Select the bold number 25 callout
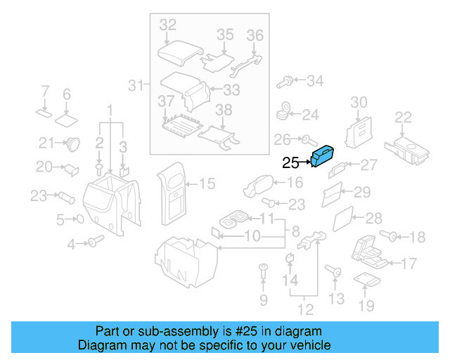click(x=290, y=163)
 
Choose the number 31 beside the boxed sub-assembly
click(x=135, y=86)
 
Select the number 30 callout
click(x=359, y=103)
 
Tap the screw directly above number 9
click(x=263, y=269)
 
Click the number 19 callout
click(x=366, y=305)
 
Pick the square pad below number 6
click(x=67, y=117)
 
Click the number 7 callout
click(x=45, y=91)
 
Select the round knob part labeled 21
click(x=71, y=144)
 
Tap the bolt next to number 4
click(x=94, y=243)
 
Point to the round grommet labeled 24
click(x=285, y=110)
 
